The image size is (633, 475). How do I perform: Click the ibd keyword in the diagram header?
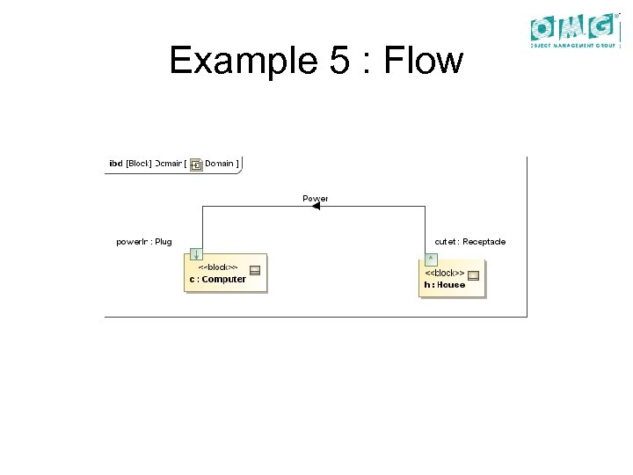pos(115,163)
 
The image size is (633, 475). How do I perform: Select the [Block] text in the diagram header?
pos(139,163)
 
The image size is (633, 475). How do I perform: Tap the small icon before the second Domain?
pos(196,164)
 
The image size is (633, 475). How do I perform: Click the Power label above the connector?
pos(316,198)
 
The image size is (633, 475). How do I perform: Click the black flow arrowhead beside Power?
pos(316,207)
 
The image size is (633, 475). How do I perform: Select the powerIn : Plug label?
pos(143,241)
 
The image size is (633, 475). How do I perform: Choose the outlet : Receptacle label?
pos(469,241)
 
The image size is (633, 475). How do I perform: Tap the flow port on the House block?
pos(430,258)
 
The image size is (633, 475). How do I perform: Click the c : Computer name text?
pos(217,280)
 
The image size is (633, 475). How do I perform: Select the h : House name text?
pos(444,284)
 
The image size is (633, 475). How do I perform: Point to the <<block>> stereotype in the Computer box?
pos(216,267)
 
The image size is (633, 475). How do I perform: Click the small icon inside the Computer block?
pos(254,271)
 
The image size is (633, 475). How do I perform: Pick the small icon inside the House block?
pos(474,275)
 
